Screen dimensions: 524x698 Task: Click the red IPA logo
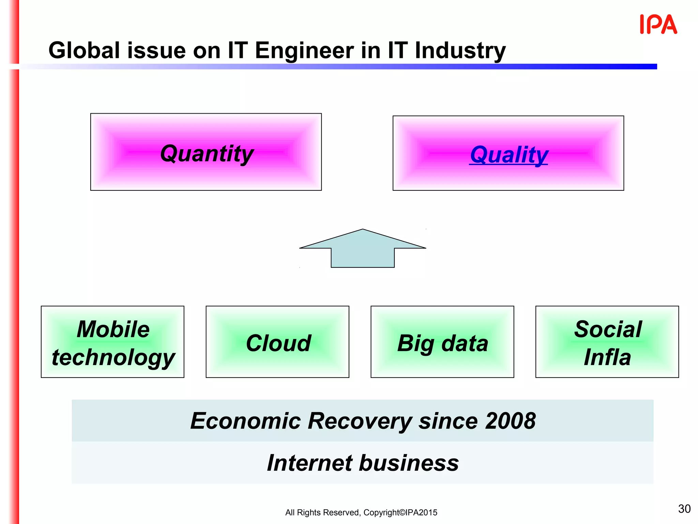click(x=658, y=24)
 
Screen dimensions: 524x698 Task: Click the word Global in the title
click(x=84, y=51)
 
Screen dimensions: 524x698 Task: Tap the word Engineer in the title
click(x=304, y=51)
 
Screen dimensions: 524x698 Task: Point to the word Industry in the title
click(x=460, y=51)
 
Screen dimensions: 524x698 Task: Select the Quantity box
click(x=206, y=152)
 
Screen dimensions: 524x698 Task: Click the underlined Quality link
click(x=509, y=155)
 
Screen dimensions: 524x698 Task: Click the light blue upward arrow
click(x=363, y=249)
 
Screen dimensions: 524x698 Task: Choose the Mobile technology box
click(x=112, y=342)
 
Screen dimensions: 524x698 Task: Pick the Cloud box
click(x=277, y=342)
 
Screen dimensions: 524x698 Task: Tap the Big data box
click(x=442, y=342)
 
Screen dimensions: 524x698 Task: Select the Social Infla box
click(x=607, y=342)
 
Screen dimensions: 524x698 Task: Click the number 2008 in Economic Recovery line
click(x=510, y=421)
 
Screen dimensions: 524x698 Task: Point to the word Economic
click(x=245, y=421)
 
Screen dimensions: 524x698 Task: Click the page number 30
click(x=684, y=509)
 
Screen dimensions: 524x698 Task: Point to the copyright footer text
click(x=361, y=512)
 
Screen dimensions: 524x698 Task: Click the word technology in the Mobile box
click(x=113, y=358)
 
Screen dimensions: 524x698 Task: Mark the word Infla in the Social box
click(x=607, y=358)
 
